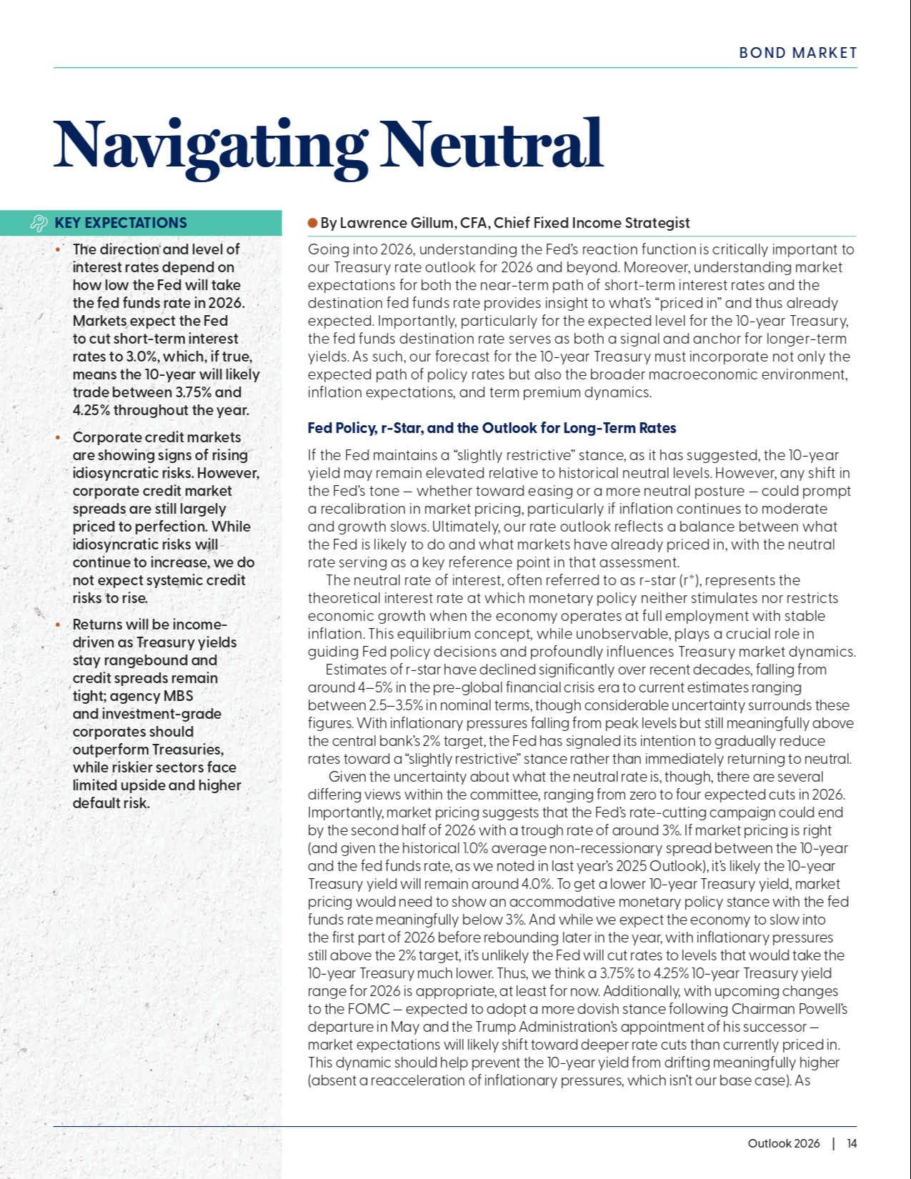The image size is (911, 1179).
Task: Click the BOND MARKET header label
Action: pos(797,53)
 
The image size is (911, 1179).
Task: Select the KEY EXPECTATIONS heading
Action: pos(121,223)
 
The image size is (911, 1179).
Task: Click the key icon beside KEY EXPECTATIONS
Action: pos(39,224)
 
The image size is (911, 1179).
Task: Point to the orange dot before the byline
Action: pos(312,223)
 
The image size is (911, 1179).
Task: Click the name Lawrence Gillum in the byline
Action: pos(397,223)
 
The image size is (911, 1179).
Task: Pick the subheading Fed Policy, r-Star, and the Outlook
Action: pos(492,428)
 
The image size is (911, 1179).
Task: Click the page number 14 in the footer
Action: pos(852,1143)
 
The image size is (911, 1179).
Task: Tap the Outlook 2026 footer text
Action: pos(784,1143)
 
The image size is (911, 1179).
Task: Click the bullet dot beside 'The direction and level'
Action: pos(58,249)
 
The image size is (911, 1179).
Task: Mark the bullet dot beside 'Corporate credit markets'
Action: pos(58,437)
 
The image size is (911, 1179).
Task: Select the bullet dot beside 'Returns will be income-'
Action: pos(58,625)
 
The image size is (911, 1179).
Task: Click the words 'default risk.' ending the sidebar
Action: pos(111,803)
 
